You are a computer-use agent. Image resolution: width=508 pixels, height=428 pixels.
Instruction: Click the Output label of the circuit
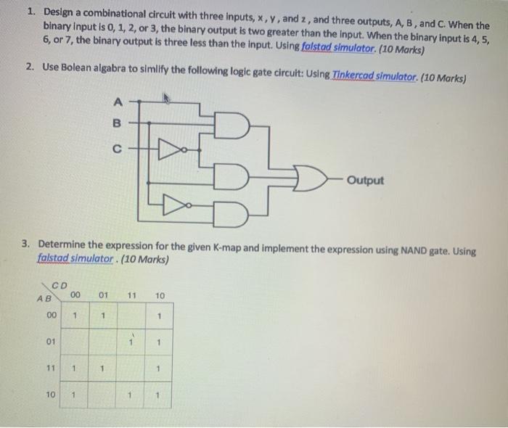tap(365, 179)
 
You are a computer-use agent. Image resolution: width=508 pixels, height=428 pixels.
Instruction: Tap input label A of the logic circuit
tap(117, 102)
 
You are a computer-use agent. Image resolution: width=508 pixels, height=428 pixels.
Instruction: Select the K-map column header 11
tap(131, 296)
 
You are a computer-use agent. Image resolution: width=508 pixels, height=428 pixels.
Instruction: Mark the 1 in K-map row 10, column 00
tap(75, 395)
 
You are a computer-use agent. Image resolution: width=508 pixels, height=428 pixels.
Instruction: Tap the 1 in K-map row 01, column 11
tap(131, 341)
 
